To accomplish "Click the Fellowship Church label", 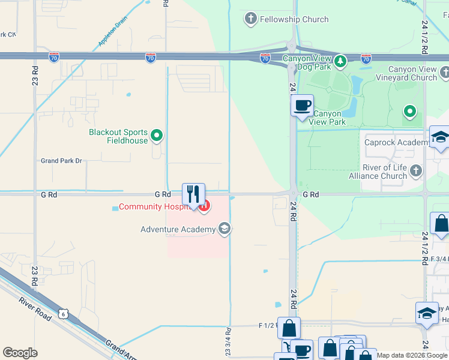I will point(294,19).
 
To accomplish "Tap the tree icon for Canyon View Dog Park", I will point(340,61).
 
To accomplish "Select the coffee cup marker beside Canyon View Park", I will point(302,106).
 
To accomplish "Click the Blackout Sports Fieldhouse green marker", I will point(157,136).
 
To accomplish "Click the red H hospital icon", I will point(205,207).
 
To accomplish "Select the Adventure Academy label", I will point(178,229).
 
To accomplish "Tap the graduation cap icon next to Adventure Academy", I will point(224,229).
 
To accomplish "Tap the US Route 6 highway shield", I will point(64,314).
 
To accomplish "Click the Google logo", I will point(20,353).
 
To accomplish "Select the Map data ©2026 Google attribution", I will point(411,355).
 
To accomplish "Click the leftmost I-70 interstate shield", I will point(54,58).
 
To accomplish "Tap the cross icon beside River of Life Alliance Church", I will point(417,172).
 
